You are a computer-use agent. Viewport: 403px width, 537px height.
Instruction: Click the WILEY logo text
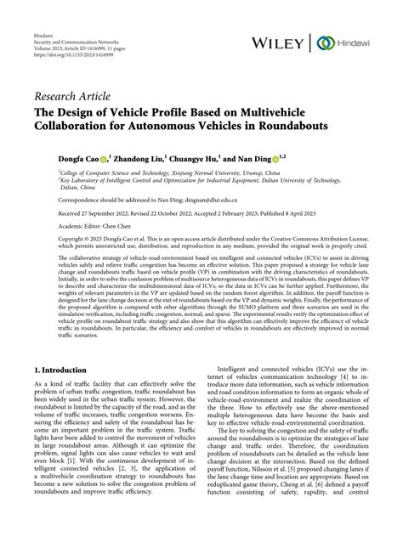pyautogui.click(x=280, y=42)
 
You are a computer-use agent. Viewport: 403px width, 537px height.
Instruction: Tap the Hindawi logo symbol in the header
pyautogui.click(x=324, y=42)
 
